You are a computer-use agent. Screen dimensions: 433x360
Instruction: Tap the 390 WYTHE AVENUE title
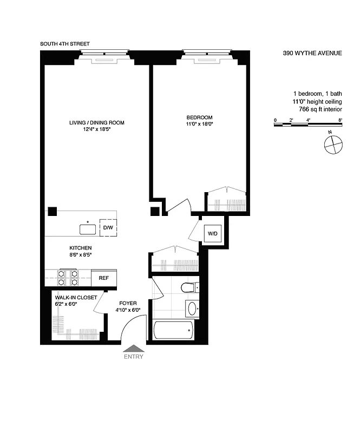click(312, 54)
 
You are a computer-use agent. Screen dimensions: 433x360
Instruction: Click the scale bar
click(308, 124)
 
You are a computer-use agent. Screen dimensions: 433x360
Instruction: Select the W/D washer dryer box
click(213, 234)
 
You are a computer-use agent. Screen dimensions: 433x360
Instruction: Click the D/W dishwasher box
click(108, 228)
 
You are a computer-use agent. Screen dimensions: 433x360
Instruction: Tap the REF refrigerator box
click(103, 278)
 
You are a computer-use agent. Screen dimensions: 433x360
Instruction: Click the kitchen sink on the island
click(88, 229)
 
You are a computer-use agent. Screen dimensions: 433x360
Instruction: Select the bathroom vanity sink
click(192, 310)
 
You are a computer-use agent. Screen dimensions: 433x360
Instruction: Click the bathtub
click(173, 330)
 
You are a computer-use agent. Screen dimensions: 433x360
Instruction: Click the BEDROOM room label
click(199, 117)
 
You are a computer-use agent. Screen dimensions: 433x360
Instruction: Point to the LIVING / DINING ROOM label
click(97, 123)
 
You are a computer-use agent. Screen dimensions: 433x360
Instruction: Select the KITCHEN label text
click(72, 247)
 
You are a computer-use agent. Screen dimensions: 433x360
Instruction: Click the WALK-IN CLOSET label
click(76, 298)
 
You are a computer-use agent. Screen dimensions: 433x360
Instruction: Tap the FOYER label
click(128, 303)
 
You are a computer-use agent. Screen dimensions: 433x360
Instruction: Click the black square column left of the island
click(53, 211)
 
